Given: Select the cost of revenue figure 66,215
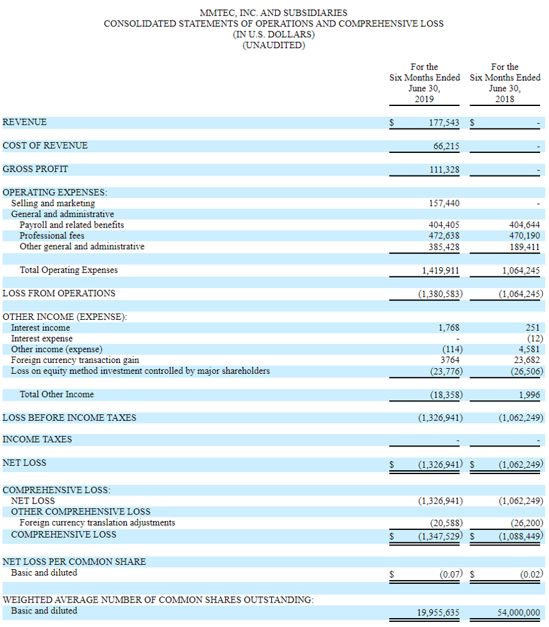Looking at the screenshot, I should (x=446, y=146).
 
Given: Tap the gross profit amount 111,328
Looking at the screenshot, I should (x=444, y=170).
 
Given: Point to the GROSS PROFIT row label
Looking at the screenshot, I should (x=35, y=170).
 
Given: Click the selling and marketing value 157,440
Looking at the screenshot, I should (x=444, y=204).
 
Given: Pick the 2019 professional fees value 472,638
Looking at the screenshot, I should (x=444, y=236).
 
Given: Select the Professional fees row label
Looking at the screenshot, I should (x=52, y=236).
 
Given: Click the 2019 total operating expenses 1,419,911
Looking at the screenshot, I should (x=441, y=270).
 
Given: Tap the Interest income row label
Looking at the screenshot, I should (x=40, y=328).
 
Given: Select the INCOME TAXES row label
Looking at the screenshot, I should (x=37, y=439).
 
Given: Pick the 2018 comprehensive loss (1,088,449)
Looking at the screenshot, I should (x=521, y=535).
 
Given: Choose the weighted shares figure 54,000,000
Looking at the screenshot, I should (x=519, y=612).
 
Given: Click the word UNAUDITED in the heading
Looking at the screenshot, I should (x=274, y=45).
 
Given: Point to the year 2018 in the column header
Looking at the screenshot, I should (x=505, y=100).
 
